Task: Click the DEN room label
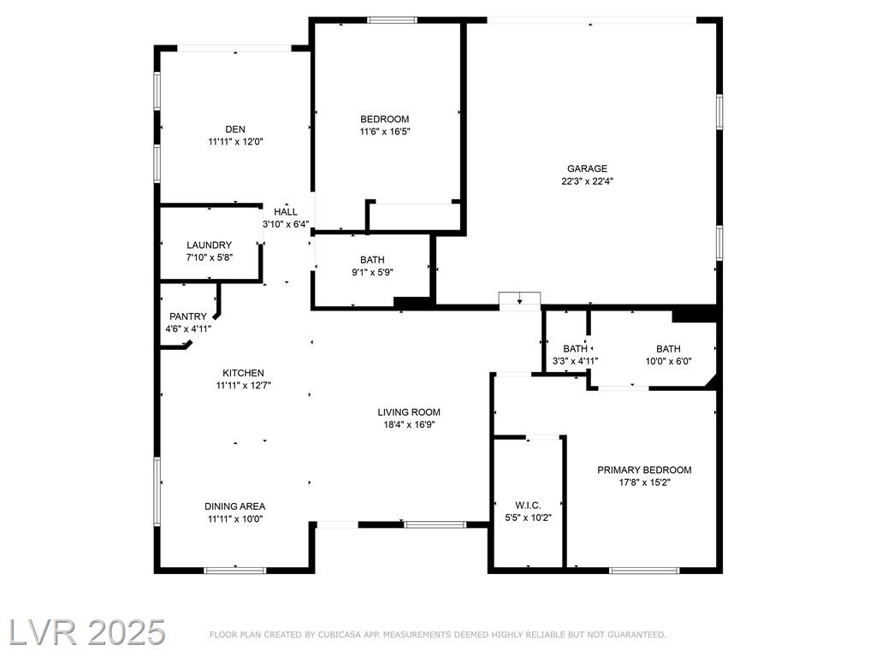coord(235,129)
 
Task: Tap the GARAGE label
coord(587,169)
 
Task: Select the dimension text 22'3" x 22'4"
coord(587,181)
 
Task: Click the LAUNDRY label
coord(209,245)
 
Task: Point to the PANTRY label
coord(188,317)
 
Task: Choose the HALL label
coord(286,212)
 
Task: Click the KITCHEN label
coord(244,373)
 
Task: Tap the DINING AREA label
coord(234,506)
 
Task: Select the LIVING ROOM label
coord(409,412)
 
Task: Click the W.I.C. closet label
coord(528,505)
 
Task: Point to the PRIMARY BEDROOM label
coord(644,470)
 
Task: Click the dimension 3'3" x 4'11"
coord(576,362)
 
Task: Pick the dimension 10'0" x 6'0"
coord(669,362)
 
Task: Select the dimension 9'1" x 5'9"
coord(372,273)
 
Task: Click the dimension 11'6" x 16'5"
coord(384,132)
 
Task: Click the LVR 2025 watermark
coord(86,632)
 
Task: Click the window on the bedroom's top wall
coord(392,21)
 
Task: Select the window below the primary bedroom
coord(644,571)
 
